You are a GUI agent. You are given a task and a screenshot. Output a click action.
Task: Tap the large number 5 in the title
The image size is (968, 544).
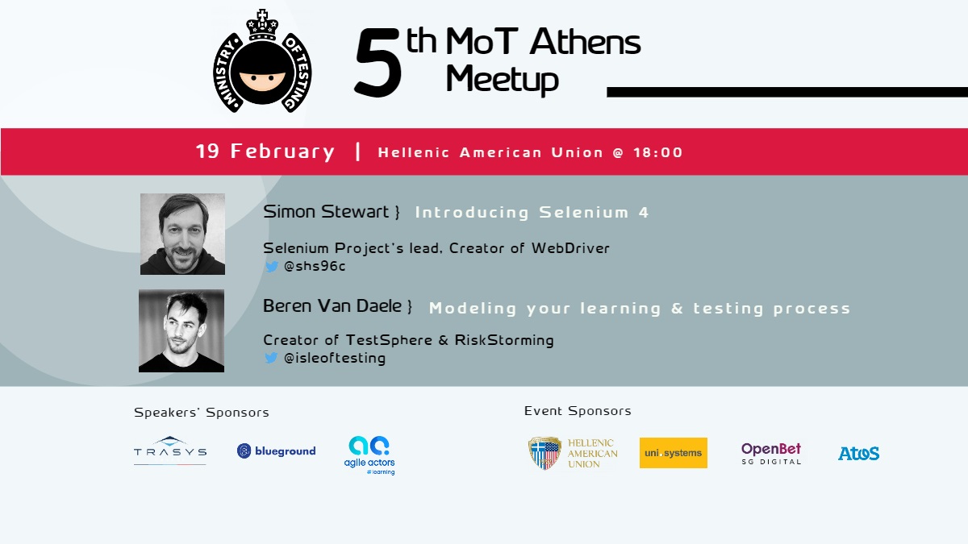[x=378, y=63]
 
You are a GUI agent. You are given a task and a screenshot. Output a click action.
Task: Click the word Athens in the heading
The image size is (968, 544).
[x=585, y=42]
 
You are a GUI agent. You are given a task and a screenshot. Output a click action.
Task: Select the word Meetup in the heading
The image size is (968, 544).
[x=502, y=80]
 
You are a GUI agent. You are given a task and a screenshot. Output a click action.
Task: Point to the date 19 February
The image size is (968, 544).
[x=265, y=152]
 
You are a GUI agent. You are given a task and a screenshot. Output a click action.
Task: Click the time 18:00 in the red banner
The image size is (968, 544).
[x=658, y=152]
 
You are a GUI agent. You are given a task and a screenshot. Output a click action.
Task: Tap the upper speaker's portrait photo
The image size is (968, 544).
[x=182, y=234]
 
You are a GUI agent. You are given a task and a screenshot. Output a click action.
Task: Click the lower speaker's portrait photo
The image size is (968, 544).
[x=181, y=330]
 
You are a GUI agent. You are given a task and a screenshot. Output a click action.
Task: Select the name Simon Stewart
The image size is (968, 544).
[x=326, y=211]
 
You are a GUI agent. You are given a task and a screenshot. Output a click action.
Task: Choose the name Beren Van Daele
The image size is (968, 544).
[x=332, y=305]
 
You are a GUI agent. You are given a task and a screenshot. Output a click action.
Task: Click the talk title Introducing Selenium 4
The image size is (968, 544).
[x=532, y=213]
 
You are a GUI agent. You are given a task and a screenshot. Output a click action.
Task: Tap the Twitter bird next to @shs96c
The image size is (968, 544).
[x=272, y=267]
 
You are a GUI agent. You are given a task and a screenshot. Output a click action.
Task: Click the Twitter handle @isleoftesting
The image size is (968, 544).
[x=335, y=358]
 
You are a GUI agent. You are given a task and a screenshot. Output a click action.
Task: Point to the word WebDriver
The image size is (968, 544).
[x=570, y=248]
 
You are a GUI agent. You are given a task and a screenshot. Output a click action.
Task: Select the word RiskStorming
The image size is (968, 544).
[x=504, y=340]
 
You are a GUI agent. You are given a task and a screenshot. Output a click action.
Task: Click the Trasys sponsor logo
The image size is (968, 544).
[x=170, y=451]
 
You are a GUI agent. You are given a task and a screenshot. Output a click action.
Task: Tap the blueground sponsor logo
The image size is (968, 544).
[x=276, y=451]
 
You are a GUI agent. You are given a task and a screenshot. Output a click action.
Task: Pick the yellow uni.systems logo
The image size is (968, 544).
[x=674, y=453]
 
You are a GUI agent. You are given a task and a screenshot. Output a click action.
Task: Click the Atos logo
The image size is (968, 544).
[x=858, y=453]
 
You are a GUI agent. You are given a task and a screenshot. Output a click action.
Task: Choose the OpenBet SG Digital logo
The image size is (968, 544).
[x=771, y=453]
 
